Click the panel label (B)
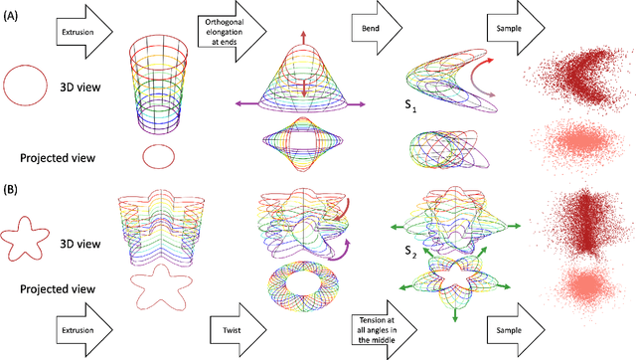tap(17, 186)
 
